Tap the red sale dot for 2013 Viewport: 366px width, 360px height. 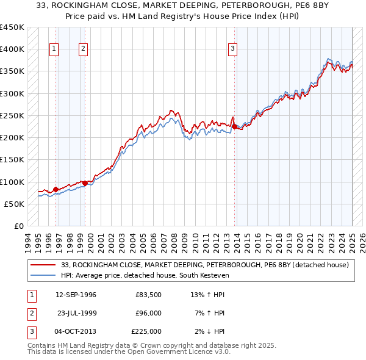234,126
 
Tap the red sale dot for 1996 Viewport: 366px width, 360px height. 56,189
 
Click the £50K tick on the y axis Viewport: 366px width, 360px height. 15,204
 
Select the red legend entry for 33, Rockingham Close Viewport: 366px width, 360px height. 204,265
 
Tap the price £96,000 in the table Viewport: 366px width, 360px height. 148,313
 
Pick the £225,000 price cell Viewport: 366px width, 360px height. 146,331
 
